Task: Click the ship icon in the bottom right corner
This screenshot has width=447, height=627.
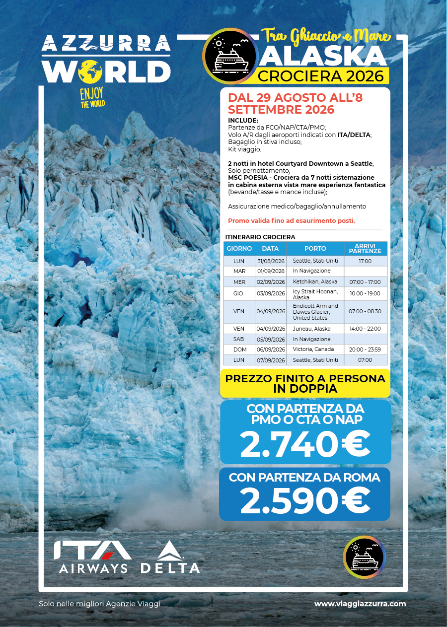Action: pyautogui.click(x=365, y=557)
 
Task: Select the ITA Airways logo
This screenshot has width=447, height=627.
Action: pyautogui.click(x=93, y=557)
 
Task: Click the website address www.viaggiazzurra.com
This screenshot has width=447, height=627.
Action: pyautogui.click(x=360, y=604)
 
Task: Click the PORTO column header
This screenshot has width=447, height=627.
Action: pyautogui.click(x=315, y=248)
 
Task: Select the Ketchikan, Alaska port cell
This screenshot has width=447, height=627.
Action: pyautogui.click(x=315, y=282)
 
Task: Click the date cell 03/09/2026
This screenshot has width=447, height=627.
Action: pyautogui.click(x=271, y=293)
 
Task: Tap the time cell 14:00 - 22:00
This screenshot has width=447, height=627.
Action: pyautogui.click(x=365, y=329)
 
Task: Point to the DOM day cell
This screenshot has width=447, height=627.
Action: pyautogui.click(x=239, y=349)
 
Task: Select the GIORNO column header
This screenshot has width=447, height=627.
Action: pyautogui.click(x=239, y=248)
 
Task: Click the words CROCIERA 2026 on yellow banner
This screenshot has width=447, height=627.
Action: pyautogui.click(x=321, y=76)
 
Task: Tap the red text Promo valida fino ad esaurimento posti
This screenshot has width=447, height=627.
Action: pyautogui.click(x=291, y=221)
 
